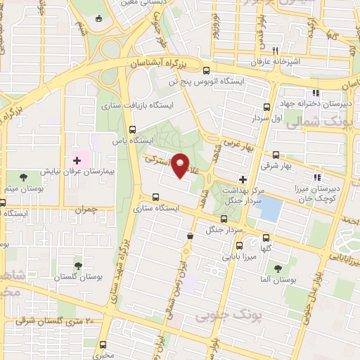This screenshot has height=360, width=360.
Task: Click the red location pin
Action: tap(181, 164)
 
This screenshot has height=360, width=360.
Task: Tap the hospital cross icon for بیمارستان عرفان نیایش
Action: tap(77, 161)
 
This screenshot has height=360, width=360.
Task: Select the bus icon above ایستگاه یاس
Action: tap(133, 129)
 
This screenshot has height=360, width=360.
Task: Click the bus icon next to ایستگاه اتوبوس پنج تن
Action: tap(206, 70)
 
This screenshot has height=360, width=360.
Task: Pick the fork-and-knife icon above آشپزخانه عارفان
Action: tap(276, 51)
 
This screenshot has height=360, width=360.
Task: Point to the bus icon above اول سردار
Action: tap(266, 107)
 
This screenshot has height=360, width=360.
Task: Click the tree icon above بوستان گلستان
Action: tap(78, 266)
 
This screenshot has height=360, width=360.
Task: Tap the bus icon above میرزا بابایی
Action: tap(239, 245)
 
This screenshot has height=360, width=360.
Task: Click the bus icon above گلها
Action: tap(265, 238)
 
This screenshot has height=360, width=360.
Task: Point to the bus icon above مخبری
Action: tap(104, 345)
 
